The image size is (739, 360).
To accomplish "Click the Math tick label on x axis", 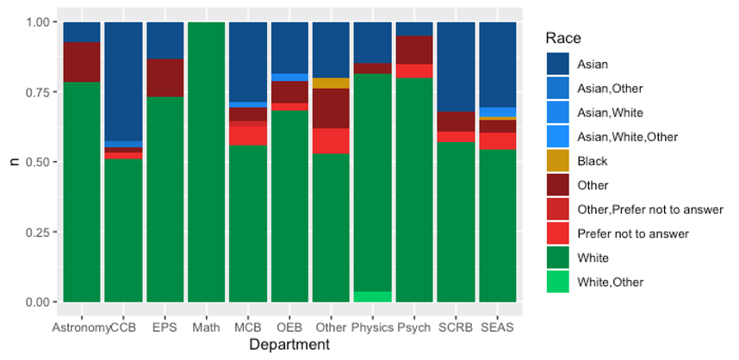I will tap(206, 328).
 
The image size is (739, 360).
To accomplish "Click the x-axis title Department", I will tap(289, 345).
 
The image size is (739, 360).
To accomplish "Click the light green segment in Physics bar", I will tap(372, 297).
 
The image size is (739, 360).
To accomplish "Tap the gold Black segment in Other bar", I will tap(331, 83).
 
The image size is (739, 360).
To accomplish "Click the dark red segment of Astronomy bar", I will tap(82, 62).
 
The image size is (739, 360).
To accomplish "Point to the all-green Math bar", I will tap(206, 164).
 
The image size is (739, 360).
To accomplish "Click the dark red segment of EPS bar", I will tap(165, 78).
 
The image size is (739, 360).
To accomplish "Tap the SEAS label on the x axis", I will tap(497, 328).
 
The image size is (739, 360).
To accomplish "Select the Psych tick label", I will tap(414, 328).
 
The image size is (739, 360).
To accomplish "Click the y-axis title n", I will tap(12, 162).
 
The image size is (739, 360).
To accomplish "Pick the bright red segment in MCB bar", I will tap(247, 136).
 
